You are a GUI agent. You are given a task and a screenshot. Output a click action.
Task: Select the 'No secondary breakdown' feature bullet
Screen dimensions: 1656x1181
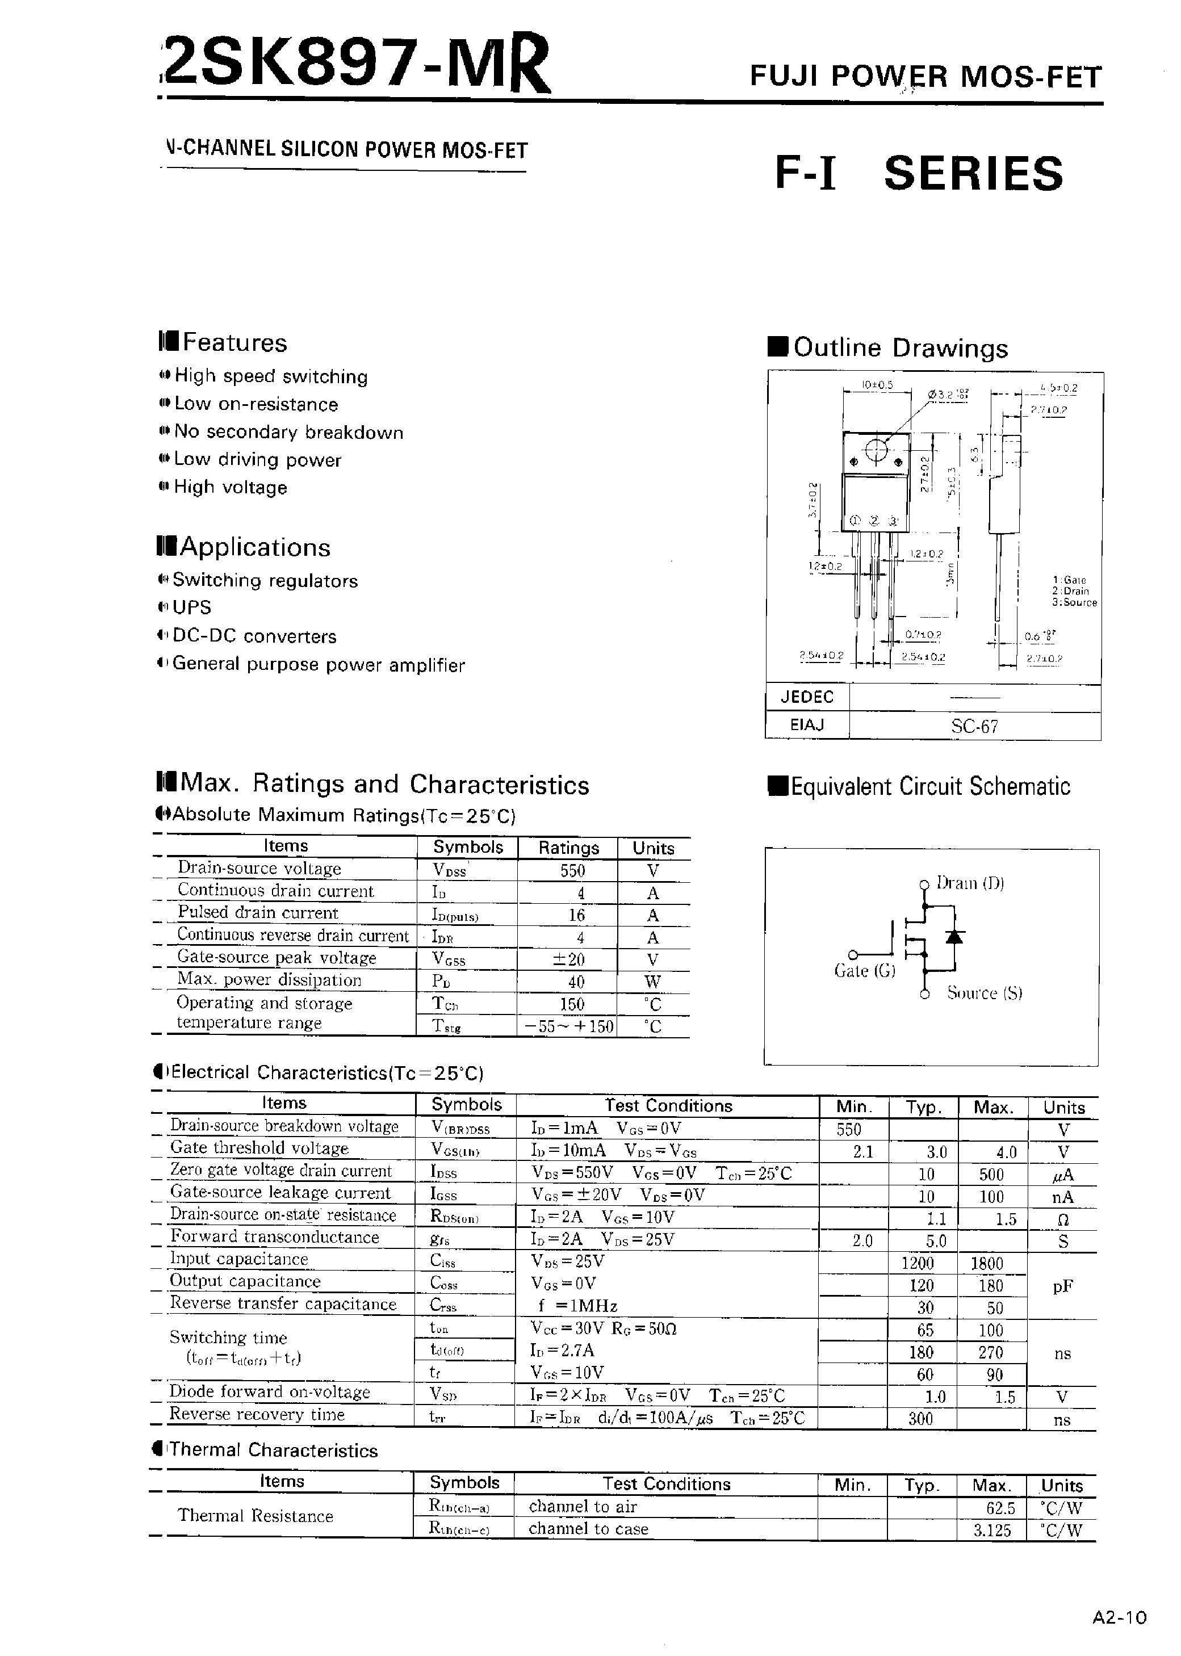(x=288, y=433)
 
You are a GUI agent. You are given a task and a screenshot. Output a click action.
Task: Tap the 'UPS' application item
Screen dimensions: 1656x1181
(x=191, y=608)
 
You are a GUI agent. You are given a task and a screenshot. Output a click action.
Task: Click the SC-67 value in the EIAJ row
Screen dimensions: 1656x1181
(x=974, y=726)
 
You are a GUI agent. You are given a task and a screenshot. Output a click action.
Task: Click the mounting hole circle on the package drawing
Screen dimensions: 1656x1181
(x=877, y=451)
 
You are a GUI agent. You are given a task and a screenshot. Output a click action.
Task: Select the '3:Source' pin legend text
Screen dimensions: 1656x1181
(x=1074, y=603)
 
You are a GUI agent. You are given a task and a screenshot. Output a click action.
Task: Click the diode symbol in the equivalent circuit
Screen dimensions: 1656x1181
(x=953, y=937)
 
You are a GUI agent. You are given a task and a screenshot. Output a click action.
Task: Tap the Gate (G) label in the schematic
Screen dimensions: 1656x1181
(x=865, y=971)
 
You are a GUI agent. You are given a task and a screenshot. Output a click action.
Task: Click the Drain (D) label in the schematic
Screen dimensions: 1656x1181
(x=970, y=883)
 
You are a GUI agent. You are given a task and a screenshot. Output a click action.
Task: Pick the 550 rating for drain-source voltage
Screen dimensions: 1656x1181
(x=572, y=871)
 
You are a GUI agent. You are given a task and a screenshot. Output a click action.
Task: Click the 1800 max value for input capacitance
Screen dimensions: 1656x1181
(x=987, y=1264)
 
